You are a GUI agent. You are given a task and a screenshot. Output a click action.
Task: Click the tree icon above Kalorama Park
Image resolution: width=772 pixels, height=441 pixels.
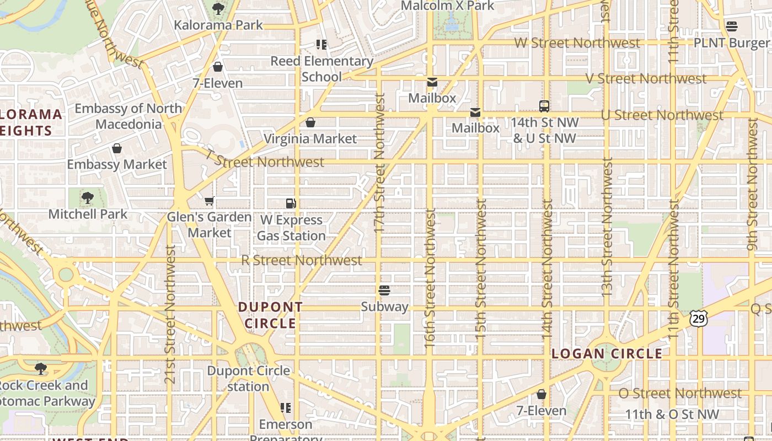click(x=218, y=8)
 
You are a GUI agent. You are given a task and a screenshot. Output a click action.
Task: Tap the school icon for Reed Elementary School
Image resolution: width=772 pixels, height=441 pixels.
click(x=321, y=44)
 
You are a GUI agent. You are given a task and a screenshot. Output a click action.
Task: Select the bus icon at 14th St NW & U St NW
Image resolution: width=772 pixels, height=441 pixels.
click(x=544, y=106)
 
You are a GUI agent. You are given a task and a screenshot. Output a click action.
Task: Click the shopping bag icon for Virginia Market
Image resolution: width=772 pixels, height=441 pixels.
click(x=310, y=122)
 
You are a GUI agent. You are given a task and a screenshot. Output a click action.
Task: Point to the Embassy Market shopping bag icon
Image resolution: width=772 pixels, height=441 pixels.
click(x=117, y=148)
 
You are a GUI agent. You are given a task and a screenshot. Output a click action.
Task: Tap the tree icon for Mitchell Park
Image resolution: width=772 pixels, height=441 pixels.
click(x=87, y=198)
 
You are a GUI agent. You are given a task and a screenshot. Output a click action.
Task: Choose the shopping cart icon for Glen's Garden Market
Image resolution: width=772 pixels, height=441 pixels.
click(x=209, y=201)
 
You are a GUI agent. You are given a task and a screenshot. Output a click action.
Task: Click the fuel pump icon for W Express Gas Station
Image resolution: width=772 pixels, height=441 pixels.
click(x=291, y=203)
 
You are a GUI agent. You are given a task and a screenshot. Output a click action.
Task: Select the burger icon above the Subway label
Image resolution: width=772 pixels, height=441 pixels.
click(x=384, y=291)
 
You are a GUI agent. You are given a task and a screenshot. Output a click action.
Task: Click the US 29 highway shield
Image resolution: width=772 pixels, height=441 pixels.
click(x=698, y=318)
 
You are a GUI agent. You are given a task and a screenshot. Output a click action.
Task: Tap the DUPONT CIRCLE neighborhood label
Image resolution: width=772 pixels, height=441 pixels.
click(x=270, y=315)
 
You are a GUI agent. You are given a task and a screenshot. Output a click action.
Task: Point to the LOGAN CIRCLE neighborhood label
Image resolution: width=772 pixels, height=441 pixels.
click(x=607, y=354)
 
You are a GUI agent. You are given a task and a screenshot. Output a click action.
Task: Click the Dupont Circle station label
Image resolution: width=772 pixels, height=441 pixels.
click(x=248, y=378)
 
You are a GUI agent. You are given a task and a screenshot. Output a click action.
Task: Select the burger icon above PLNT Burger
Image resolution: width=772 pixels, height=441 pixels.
click(x=732, y=26)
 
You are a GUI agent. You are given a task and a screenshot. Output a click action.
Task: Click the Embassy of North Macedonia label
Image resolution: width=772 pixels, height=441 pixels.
click(x=128, y=116)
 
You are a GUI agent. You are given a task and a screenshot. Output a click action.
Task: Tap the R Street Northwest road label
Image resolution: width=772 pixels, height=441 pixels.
click(x=302, y=260)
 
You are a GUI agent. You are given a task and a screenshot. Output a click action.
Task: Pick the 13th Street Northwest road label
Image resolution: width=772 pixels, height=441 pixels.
click(x=607, y=227)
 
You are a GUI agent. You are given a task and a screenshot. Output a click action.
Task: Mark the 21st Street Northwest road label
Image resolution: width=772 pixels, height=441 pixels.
click(x=170, y=314)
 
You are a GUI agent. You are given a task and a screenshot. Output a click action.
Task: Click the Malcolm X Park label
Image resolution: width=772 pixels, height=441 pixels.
click(x=447, y=6)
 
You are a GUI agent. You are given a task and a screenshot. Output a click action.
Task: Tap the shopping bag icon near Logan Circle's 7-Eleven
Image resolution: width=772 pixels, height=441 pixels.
click(x=542, y=395)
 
